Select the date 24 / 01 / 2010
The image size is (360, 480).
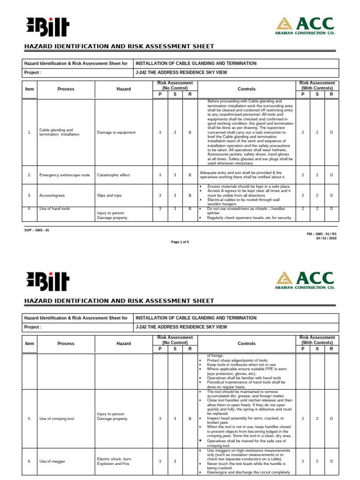(326, 238)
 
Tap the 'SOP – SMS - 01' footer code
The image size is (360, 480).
(36, 230)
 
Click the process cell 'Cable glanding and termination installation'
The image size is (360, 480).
(56, 132)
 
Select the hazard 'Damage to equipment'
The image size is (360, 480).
(116, 132)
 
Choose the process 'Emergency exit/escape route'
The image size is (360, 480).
(64, 175)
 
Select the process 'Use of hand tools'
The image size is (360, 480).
(55, 209)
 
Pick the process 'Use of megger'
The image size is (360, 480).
(52, 461)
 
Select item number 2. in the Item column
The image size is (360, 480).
(29, 175)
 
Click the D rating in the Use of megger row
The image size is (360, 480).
(331, 461)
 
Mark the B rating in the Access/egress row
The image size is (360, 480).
(190, 195)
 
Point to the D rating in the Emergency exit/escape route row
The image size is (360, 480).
(331, 175)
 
